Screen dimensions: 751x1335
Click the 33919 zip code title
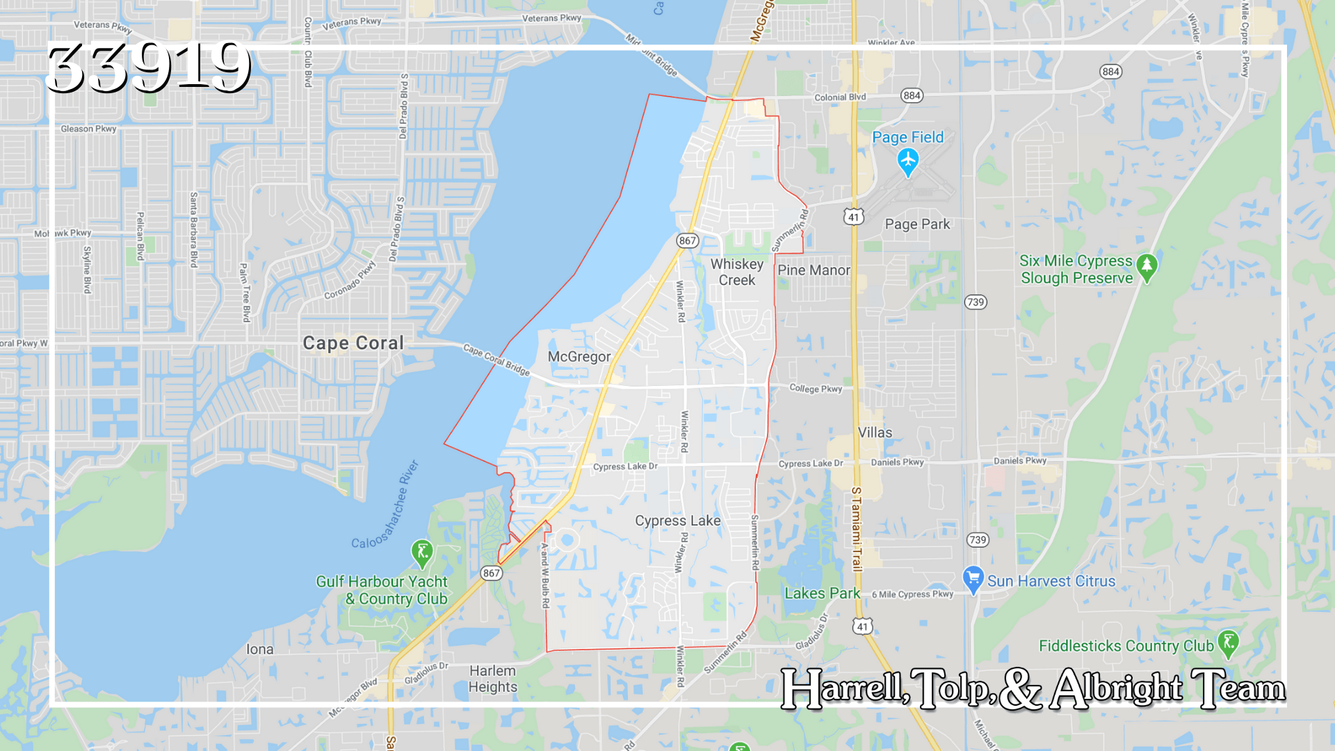pos(147,67)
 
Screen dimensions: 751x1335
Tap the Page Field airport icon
pos(907,162)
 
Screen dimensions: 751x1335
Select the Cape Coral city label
pos(353,343)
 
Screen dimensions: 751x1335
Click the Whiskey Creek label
pos(737,272)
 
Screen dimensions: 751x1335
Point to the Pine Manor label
pos(814,270)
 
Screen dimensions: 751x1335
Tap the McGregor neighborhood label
pos(579,357)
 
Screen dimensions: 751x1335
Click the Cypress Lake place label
pos(677,521)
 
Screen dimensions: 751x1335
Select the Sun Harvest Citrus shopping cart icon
pos(973,579)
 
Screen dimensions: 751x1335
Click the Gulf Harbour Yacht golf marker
pos(422,553)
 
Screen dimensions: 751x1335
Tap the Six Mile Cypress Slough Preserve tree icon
pos(1147,267)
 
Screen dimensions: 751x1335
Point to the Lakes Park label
pos(822,593)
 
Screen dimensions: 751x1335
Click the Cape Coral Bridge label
pos(496,360)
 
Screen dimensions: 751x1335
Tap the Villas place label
pos(875,433)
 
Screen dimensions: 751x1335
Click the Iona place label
pos(260,649)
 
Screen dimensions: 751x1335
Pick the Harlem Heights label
pos(492,679)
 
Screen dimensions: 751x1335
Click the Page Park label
pos(917,224)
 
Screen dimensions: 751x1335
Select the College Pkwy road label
pos(816,389)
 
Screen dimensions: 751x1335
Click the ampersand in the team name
pos(1020,689)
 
